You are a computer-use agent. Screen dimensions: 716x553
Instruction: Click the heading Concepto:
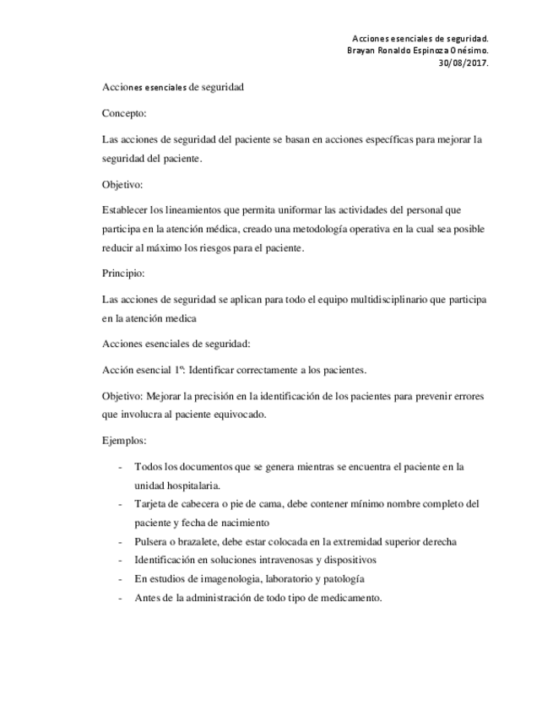124,112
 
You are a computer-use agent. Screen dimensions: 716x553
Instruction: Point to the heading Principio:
125,274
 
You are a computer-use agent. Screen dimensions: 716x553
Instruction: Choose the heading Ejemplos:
125,440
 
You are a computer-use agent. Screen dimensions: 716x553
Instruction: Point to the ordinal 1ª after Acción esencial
179,370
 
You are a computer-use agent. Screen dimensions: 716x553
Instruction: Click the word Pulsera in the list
151,541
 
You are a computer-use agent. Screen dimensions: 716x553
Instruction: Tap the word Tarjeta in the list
151,504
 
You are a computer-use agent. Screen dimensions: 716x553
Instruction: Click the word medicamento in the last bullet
352,597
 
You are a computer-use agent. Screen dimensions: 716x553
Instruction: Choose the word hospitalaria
191,485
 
